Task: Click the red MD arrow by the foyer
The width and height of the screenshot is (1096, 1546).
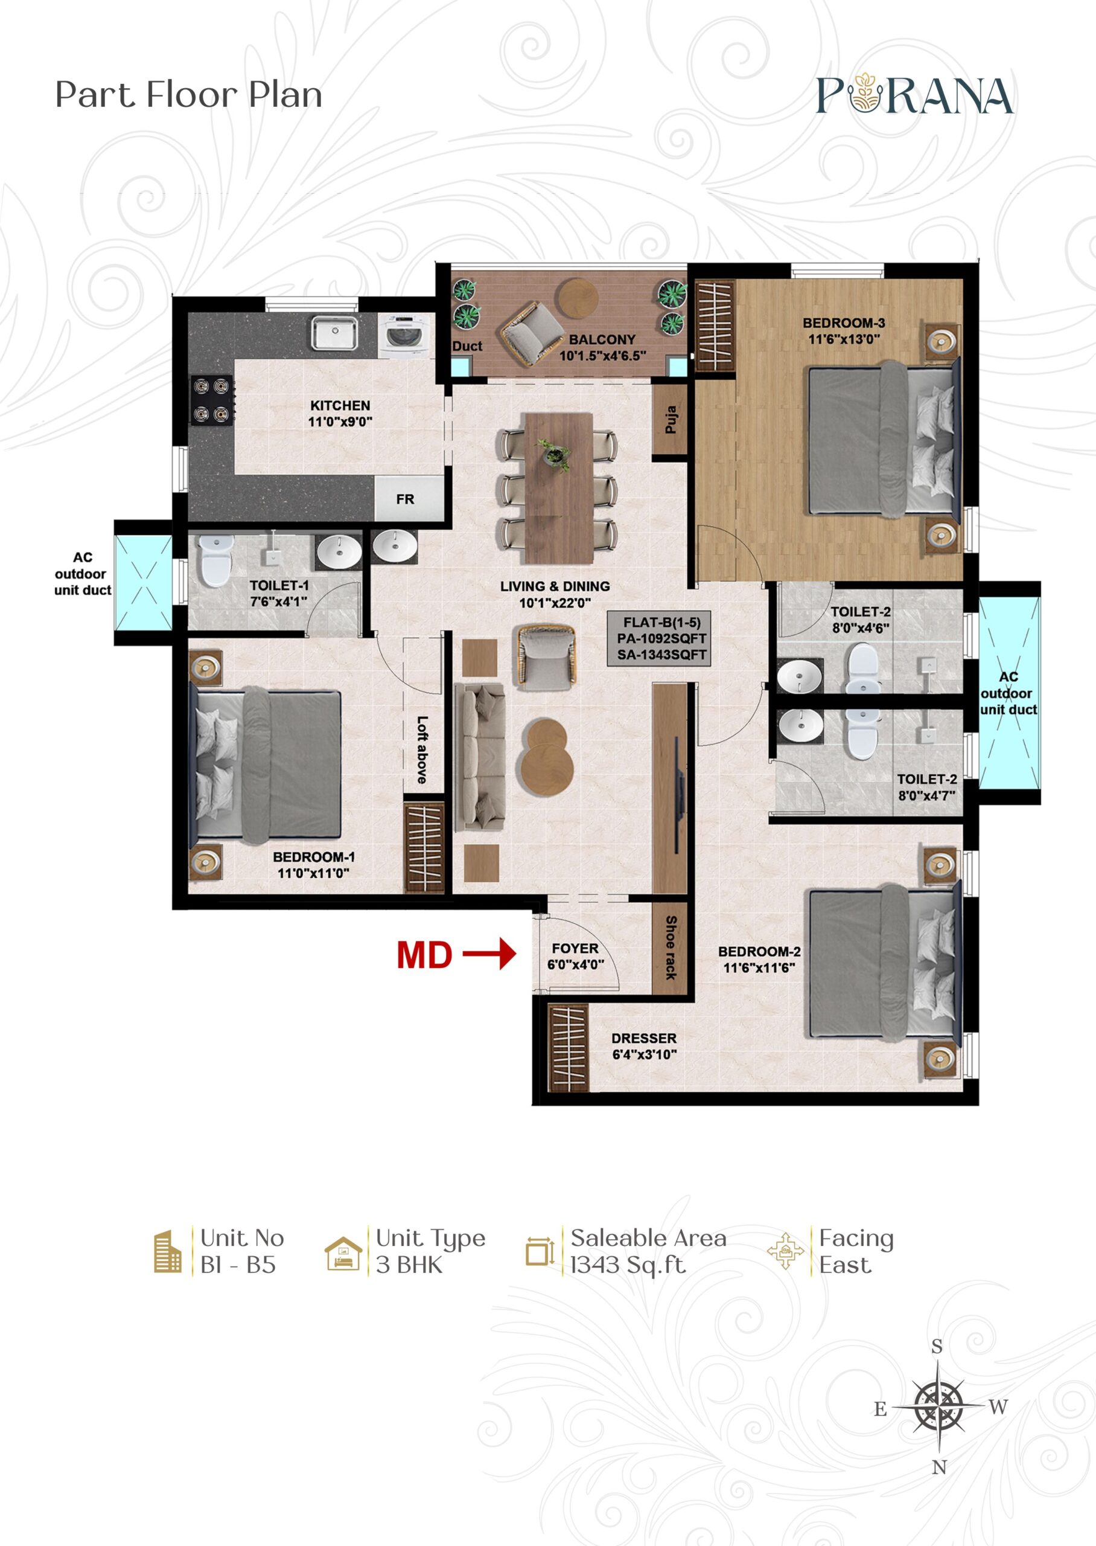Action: [489, 954]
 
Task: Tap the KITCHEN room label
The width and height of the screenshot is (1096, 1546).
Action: [340, 406]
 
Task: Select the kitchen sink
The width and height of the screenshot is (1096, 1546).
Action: [334, 333]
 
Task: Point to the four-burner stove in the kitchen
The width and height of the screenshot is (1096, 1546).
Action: [211, 400]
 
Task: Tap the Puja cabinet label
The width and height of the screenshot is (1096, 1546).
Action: [670, 419]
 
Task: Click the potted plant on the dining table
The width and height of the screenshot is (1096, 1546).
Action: [554, 453]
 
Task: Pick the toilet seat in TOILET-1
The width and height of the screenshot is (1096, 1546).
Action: [215, 559]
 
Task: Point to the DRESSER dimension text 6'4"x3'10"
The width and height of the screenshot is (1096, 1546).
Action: [644, 1055]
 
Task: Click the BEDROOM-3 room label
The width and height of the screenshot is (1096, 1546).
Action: [844, 322]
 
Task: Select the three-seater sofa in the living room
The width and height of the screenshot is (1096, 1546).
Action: [480, 757]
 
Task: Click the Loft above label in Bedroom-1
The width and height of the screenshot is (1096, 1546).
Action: [422, 750]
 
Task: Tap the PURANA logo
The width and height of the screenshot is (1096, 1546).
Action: [914, 95]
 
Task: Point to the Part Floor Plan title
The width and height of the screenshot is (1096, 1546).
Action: [189, 95]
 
